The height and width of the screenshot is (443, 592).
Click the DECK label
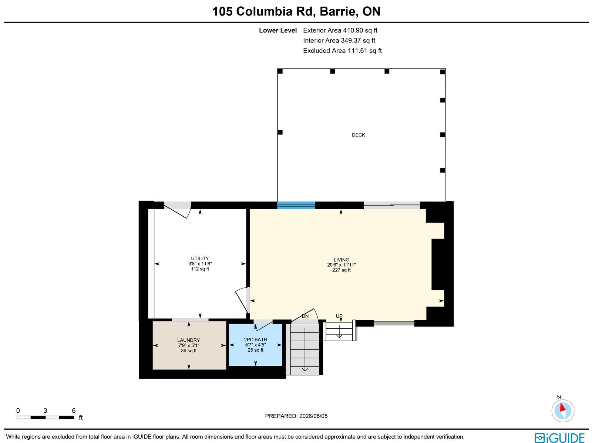(358, 135)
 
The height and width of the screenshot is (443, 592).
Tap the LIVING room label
(341, 260)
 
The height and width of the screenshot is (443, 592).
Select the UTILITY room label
(200, 258)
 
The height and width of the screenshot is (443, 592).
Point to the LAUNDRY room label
(189, 340)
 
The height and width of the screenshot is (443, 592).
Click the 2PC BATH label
(255, 340)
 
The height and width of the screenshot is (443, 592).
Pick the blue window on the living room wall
(296, 205)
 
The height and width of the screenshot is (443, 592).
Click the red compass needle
(562, 407)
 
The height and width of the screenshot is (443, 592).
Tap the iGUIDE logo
(559, 437)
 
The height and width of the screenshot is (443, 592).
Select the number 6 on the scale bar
(74, 410)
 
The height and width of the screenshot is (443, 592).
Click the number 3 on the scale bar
(45, 410)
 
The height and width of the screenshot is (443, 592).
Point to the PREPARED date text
(296, 416)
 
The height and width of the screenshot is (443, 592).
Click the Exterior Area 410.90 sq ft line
(340, 30)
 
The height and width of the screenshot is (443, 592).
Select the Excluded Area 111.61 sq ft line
(342, 51)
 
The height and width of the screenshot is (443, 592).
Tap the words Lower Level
(278, 30)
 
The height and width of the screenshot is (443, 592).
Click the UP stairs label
(339, 316)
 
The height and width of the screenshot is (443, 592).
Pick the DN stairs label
(305, 316)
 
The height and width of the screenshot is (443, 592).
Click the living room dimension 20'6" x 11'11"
(342, 265)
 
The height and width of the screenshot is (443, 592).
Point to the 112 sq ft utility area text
(200, 269)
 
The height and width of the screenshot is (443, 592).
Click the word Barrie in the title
(337, 11)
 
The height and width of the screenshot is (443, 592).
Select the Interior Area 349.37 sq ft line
(339, 40)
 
